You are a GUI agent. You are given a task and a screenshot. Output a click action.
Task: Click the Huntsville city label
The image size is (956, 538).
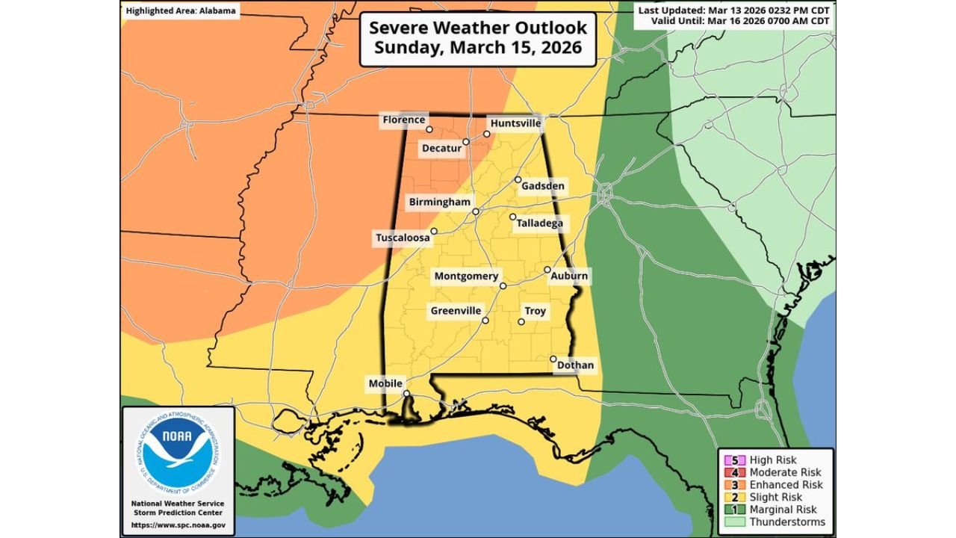pos(515,123)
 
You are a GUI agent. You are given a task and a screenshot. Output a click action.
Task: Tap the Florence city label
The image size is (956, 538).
pos(403,120)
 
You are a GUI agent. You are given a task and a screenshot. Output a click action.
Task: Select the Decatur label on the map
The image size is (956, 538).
pos(441,149)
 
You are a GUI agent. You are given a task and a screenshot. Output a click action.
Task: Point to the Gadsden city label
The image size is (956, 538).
pos(543,185)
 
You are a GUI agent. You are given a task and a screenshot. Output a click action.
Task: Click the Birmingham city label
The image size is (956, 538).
pos(439,202)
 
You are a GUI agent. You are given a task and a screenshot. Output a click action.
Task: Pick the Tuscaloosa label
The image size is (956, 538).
pos(403,238)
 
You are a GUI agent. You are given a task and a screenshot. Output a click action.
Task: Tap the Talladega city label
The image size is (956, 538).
pos(539,223)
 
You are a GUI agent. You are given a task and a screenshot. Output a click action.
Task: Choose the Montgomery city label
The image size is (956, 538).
pos(466,276)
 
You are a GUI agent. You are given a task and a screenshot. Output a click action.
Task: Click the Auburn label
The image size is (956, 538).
pos(569,276)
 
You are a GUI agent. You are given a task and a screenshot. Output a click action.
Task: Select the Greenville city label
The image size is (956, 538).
pos(456,311)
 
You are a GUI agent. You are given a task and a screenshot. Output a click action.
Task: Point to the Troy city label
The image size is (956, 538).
pos(535,311)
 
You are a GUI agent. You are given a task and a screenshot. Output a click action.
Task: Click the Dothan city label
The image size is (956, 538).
pos(575,365)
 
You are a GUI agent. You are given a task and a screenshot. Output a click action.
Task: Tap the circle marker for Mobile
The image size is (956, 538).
pos(406,394)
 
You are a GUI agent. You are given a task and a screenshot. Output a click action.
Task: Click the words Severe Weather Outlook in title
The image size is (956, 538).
pos(478,28)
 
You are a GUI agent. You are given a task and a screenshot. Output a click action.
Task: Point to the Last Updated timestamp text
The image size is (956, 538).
pos(735,10)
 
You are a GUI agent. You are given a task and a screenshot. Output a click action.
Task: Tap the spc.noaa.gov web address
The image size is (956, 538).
pos(178,525)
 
